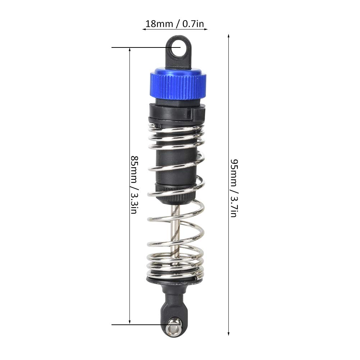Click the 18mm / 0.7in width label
(x=175, y=24)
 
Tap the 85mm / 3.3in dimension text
(x=134, y=185)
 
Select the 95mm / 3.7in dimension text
(x=234, y=188)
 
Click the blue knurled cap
(x=178, y=83)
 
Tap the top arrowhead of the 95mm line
(x=228, y=36)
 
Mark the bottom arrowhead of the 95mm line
(x=228, y=334)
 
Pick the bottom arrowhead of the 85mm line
(x=130, y=322)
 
